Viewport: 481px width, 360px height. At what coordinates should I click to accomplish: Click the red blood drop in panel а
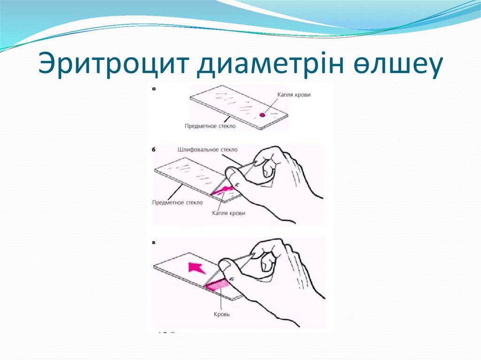[x=262, y=115]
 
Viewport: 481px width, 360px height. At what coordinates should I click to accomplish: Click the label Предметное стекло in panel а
[x=210, y=126]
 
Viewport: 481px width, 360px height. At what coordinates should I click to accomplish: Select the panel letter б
[x=155, y=150]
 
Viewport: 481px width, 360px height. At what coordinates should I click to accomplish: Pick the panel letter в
[x=154, y=243]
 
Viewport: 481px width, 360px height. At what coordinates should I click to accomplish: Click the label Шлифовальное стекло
[x=208, y=150]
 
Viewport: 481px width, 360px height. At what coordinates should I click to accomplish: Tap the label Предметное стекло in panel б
[x=178, y=203]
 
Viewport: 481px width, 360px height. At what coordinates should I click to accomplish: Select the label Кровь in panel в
[x=220, y=314]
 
